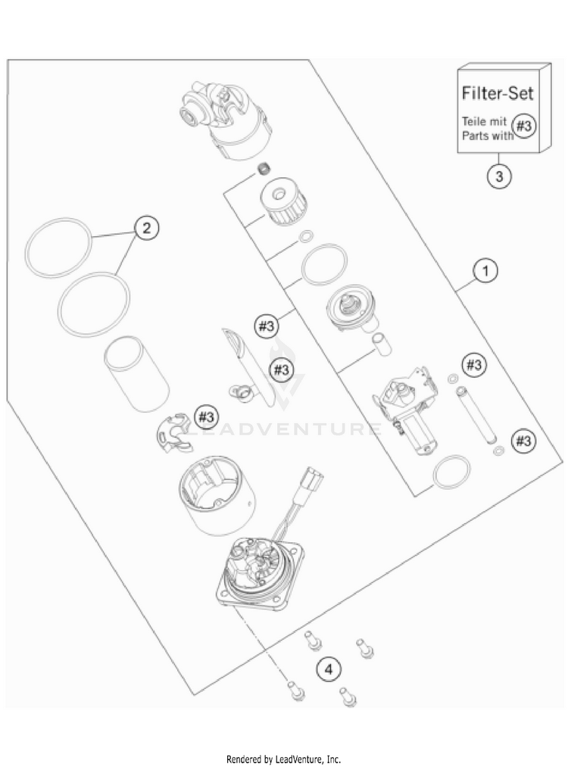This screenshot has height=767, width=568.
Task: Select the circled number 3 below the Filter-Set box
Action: [x=498, y=176]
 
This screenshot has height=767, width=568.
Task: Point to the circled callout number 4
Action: [x=328, y=669]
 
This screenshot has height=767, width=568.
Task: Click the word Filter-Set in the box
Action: [x=498, y=94]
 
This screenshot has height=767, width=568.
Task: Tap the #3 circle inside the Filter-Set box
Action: [x=524, y=125]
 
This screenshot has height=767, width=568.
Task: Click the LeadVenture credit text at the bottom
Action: [x=284, y=758]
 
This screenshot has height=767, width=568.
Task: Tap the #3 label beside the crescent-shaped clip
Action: [x=206, y=416]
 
